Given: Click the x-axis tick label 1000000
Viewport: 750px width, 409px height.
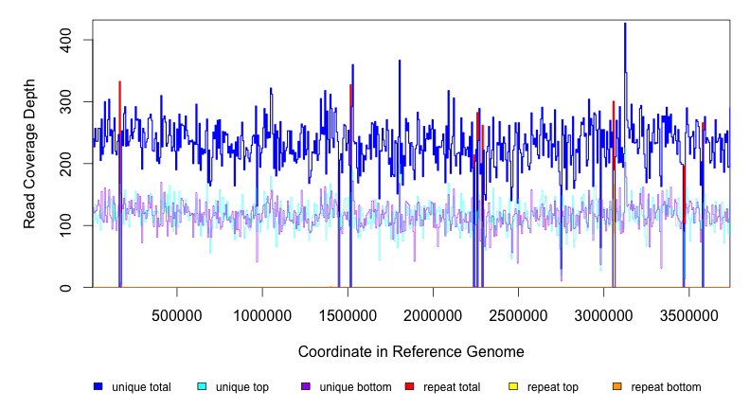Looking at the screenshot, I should (x=262, y=314).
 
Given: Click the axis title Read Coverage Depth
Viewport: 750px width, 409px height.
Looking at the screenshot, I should (x=30, y=163).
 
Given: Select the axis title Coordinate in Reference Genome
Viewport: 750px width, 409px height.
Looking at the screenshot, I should (x=411, y=351).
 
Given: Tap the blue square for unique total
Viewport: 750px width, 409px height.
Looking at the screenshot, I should (x=98, y=386).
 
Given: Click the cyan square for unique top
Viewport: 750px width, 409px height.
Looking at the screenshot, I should (x=202, y=386).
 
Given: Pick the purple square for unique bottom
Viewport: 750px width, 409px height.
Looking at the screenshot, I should (x=305, y=386).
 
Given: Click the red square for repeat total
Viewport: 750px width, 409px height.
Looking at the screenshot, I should (x=409, y=386).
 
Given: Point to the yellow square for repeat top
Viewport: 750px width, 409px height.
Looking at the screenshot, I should (x=513, y=386).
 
